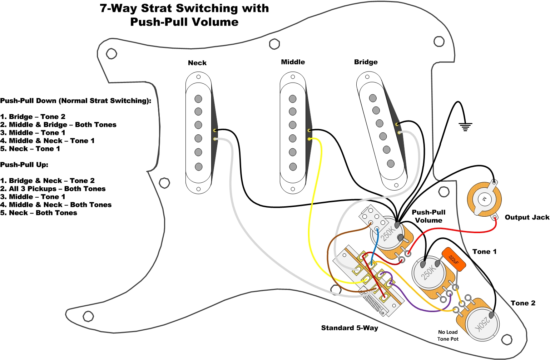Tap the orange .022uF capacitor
[x=454, y=259]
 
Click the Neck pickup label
[x=197, y=63]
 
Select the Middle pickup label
[x=293, y=62]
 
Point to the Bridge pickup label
[x=366, y=62]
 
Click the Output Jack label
[x=527, y=217]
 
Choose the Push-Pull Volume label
[x=428, y=216]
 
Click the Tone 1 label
[x=484, y=252]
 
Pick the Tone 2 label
[x=523, y=303]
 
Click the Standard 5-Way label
[x=350, y=328]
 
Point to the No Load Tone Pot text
[x=448, y=335]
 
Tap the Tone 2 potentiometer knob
[x=483, y=323]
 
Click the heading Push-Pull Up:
[x=24, y=165]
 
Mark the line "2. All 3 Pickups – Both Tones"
[x=53, y=189]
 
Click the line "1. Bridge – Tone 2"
[x=33, y=117]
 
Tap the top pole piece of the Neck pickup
[x=198, y=99]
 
